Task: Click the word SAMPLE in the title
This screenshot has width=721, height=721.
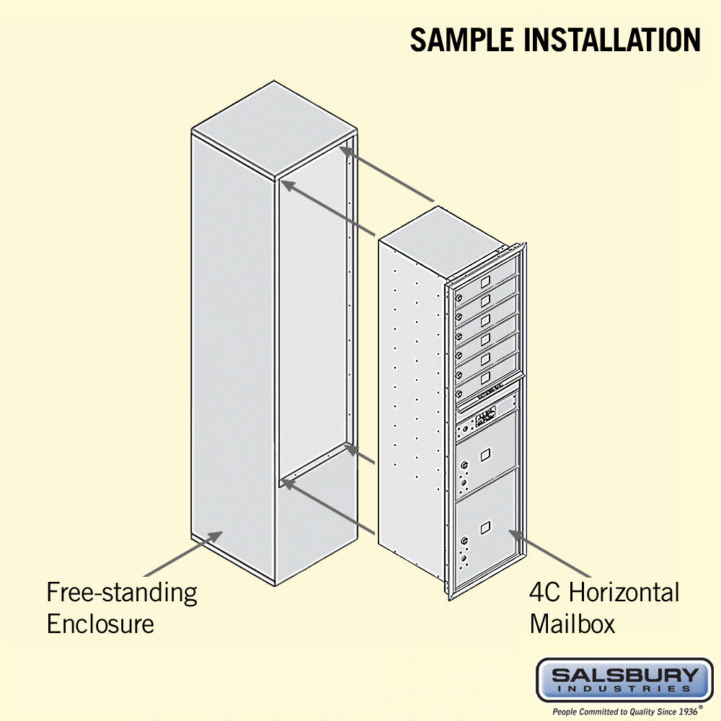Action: click(461, 40)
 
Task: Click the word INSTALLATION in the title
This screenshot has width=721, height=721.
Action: click(612, 40)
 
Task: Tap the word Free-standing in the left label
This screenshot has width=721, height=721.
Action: click(122, 593)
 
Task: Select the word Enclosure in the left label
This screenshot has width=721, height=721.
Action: click(100, 624)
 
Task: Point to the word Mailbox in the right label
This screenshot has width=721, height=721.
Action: click(572, 624)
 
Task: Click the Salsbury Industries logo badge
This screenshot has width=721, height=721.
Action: click(625, 681)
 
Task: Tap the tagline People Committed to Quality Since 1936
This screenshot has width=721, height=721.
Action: click(625, 712)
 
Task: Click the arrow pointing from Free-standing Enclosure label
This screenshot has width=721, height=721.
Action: click(183, 554)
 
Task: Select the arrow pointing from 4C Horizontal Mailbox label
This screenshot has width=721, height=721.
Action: click(549, 554)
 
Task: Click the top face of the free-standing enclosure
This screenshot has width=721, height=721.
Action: click(274, 129)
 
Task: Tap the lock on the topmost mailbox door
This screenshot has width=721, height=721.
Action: click(459, 298)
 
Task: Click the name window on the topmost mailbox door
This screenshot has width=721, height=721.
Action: click(485, 281)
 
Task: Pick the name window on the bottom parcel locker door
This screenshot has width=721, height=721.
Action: click(485, 528)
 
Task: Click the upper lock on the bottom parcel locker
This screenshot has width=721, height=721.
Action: click(464, 540)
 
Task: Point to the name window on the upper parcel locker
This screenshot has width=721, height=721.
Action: click(485, 455)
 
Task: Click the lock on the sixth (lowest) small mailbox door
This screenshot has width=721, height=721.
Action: click(459, 394)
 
